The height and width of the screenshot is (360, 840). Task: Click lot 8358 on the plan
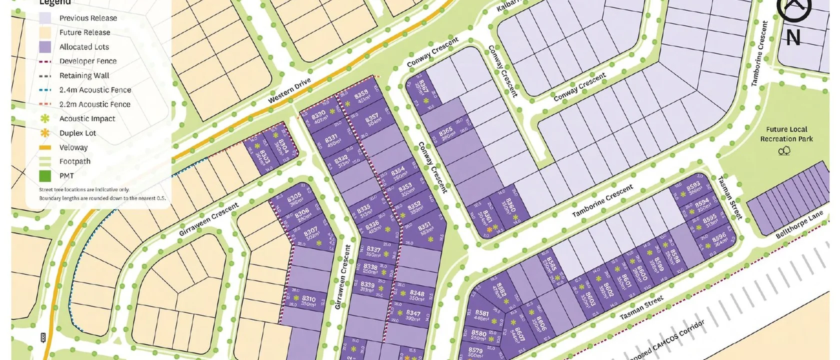point(361,96)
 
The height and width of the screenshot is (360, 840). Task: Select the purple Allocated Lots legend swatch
point(45,47)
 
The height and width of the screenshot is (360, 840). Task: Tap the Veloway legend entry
point(73,147)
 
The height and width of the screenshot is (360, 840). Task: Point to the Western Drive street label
point(289,91)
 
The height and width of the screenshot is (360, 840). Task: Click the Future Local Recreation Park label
point(786,134)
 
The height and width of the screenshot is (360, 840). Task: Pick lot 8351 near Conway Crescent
point(425,229)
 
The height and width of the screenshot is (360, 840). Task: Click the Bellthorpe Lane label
point(798,225)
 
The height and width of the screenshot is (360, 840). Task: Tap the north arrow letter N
point(793,38)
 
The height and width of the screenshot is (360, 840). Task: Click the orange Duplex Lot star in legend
point(45,133)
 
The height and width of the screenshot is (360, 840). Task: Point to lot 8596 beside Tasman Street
point(719,239)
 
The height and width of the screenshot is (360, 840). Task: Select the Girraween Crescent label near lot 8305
point(208,219)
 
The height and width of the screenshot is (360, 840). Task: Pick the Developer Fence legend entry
point(87,61)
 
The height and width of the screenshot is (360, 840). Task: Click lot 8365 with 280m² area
point(446,133)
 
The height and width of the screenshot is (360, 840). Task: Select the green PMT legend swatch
point(45,176)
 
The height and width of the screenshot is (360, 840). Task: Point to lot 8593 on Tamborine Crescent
point(693,189)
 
